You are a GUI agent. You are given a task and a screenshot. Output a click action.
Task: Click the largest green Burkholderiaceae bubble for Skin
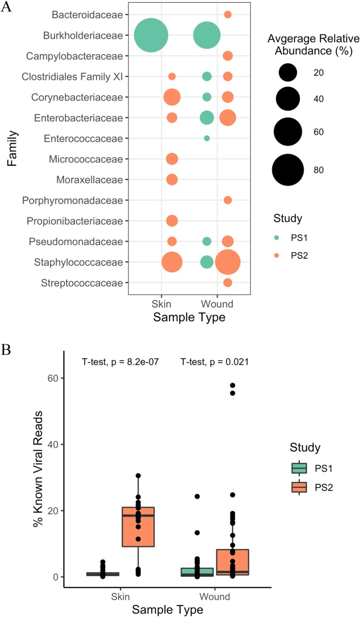[151, 35]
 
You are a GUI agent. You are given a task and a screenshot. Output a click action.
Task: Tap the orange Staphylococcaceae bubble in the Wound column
[228, 262]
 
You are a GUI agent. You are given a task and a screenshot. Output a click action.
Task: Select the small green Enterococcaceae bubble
[207, 138]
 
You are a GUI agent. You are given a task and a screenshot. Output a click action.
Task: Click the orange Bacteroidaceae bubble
[228, 15]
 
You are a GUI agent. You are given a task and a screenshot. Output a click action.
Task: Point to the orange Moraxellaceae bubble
[172, 179]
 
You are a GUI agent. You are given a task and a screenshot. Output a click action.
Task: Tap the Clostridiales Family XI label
[73, 76]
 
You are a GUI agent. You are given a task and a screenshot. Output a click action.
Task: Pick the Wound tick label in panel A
[217, 303]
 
